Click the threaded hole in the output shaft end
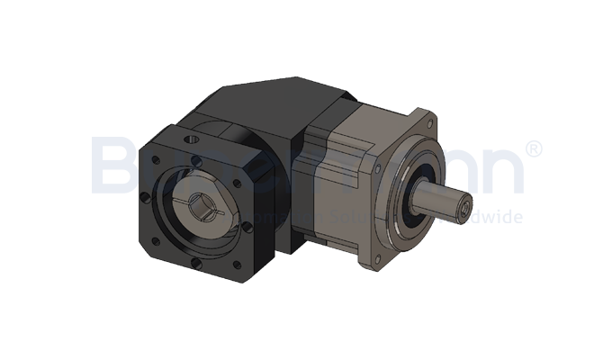pos(463,211)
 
